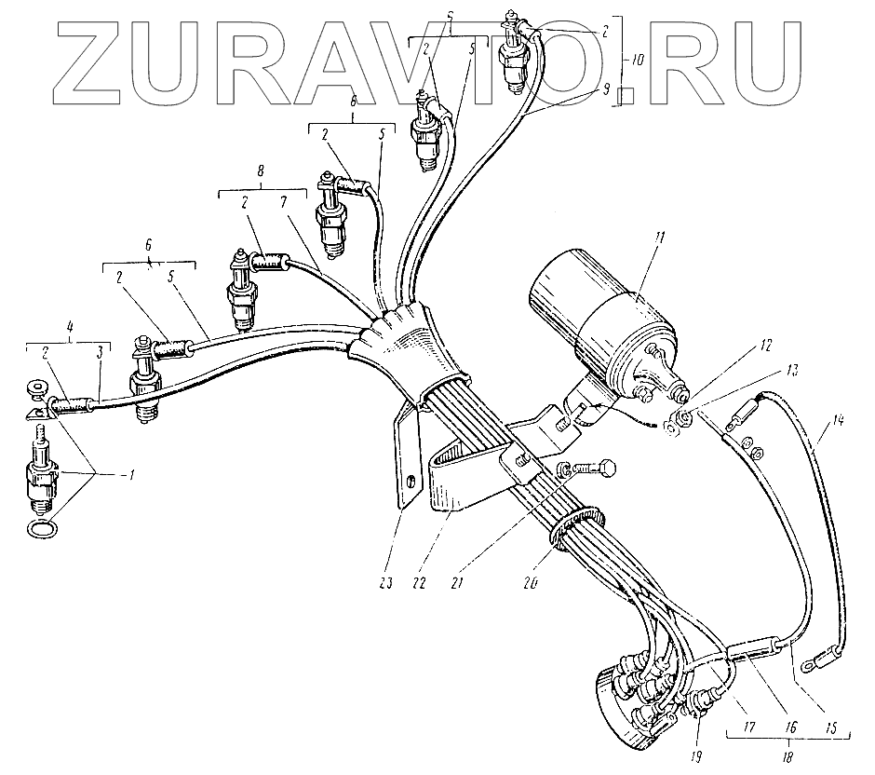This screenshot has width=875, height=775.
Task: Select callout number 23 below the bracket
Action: click(x=387, y=584)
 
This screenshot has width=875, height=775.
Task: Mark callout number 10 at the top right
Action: click(x=635, y=60)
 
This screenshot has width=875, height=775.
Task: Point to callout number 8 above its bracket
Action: click(x=260, y=171)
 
